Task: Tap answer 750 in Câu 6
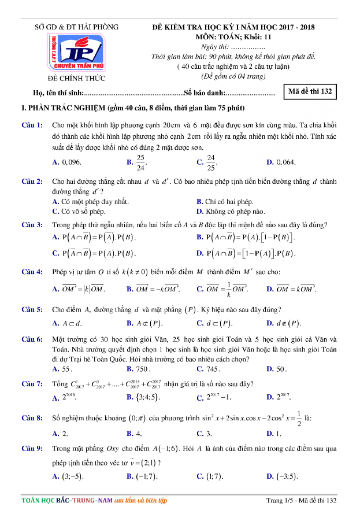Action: pos(143,368)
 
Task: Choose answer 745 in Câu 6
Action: pos(213,368)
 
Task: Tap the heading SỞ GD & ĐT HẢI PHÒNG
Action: pos(76,27)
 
